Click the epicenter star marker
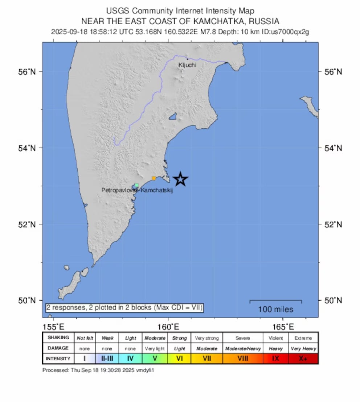tap(180, 179)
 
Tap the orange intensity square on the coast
tap(154, 178)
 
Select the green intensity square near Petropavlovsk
tap(136, 185)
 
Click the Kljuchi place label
tap(187, 65)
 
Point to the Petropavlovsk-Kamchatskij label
tap(137, 190)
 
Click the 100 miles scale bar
tap(275, 301)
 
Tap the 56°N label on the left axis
tap(27, 72)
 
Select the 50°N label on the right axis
tap(333, 301)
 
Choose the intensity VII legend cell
tap(206, 359)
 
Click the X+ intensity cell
tap(303, 359)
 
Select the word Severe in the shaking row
tap(242, 338)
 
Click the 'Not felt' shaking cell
tap(85, 338)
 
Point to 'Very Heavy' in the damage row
tap(303, 348)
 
